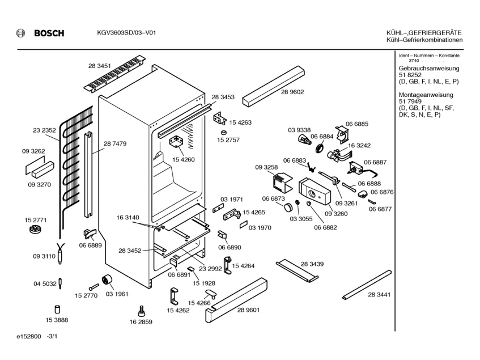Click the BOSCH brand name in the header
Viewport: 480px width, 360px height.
(x=49, y=33)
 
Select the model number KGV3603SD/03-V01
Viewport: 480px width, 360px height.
(x=123, y=33)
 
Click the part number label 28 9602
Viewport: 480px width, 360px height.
(x=292, y=92)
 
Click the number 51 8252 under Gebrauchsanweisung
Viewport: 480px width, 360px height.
(x=411, y=75)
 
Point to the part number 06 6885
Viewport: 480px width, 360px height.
(x=357, y=124)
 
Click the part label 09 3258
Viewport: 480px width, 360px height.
(x=266, y=168)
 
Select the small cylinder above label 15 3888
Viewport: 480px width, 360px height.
(x=57, y=308)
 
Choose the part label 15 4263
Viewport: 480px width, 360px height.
(x=240, y=122)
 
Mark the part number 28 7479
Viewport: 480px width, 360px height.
(x=115, y=143)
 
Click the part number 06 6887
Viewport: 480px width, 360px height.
(x=375, y=162)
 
